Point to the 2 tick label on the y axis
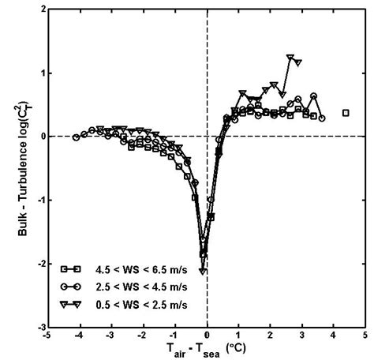tap(39, 9)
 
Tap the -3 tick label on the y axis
tap(38, 326)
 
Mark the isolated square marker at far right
tap(346, 113)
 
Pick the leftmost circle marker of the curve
tap(77, 137)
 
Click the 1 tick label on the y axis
tap(39, 73)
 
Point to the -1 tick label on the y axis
tap(38, 200)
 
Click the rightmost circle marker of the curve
tap(322, 118)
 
